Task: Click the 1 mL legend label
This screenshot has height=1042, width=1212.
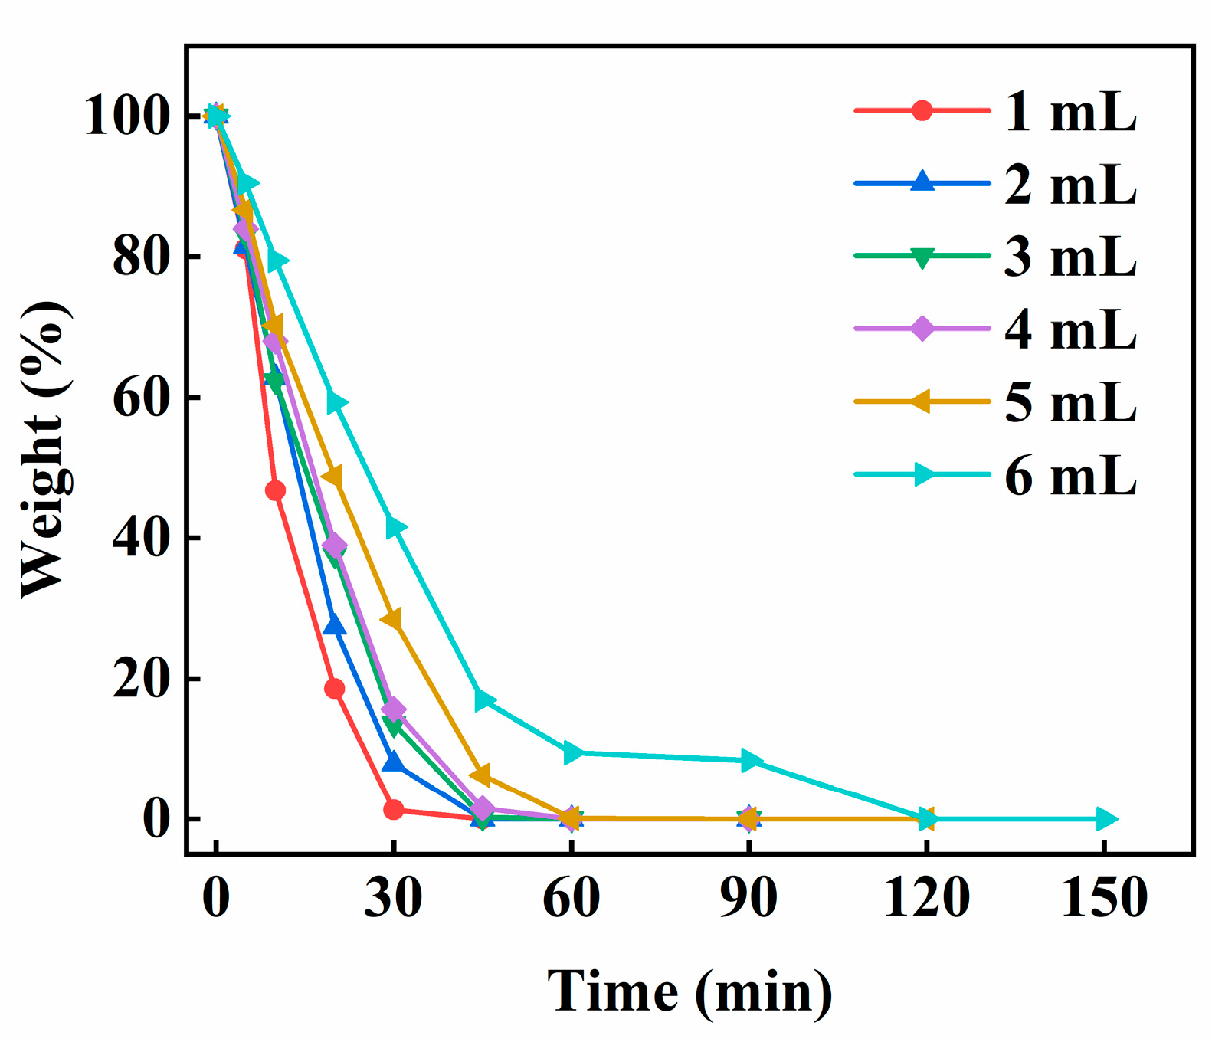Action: click(x=1070, y=112)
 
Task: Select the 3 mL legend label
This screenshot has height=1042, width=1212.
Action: click(x=1070, y=257)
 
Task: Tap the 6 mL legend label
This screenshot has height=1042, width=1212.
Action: click(x=1070, y=476)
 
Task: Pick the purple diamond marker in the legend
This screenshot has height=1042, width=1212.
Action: click(x=922, y=329)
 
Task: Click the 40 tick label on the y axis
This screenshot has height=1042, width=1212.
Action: click(x=141, y=538)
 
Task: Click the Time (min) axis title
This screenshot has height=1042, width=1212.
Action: click(x=690, y=991)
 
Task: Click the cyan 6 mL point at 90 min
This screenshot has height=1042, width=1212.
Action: click(x=750, y=760)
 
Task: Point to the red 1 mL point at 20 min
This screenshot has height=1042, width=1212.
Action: click(x=334, y=688)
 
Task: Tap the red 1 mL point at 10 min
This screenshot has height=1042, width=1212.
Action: click(x=275, y=490)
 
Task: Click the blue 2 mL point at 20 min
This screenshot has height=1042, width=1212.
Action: click(x=334, y=626)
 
